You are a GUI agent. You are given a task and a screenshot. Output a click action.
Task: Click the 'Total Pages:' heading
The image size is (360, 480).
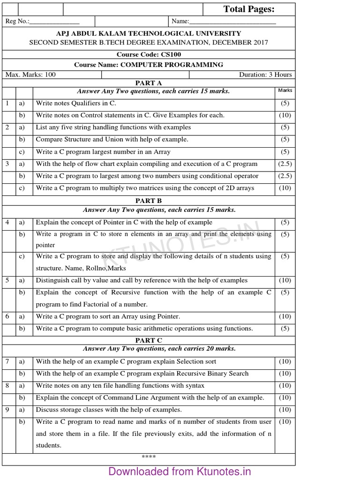tap(249, 9)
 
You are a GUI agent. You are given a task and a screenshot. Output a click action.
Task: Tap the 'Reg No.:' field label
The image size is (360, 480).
tap(17, 22)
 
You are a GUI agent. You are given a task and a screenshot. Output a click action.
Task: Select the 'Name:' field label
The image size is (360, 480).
tap(180, 22)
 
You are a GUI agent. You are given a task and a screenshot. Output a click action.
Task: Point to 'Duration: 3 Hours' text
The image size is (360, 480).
tap(265, 75)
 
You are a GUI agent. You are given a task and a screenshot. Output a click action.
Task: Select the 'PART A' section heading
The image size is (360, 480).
tap(149, 83)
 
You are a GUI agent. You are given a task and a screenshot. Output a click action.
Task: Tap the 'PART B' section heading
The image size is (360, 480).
tap(149, 201)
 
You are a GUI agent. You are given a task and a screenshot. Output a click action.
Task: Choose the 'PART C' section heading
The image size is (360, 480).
tap(149, 340)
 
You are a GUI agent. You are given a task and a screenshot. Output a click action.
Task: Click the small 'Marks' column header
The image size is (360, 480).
tap(285, 90)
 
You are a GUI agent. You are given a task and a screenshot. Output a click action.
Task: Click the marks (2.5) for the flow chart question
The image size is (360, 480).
tap(285, 164)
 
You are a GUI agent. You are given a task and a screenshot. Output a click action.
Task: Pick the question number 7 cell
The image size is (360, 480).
tap(7, 361)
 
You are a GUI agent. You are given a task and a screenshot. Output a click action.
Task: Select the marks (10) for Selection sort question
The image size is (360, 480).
tap(285, 361)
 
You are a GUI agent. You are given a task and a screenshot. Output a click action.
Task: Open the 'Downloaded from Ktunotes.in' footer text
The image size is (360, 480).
tap(180, 471)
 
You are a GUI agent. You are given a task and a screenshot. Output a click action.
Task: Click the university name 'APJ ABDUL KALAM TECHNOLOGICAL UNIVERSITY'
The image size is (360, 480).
tap(149, 34)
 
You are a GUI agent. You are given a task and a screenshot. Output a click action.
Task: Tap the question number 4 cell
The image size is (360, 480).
tap(7, 222)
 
